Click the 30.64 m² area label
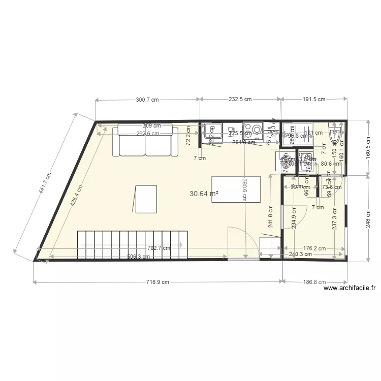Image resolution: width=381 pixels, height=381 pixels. click(204, 194)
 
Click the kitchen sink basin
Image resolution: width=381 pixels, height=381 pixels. click(212, 131)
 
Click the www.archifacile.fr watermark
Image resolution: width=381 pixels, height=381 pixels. click(350, 288)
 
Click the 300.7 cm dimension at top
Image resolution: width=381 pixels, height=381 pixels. click(147, 100)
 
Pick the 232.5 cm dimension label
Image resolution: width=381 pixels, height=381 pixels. click(240, 100)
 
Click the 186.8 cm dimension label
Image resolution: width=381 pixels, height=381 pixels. click(315, 282)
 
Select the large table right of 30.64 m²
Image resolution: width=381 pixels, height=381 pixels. click(236, 189)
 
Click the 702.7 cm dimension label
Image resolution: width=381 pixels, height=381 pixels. click(158, 248)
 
